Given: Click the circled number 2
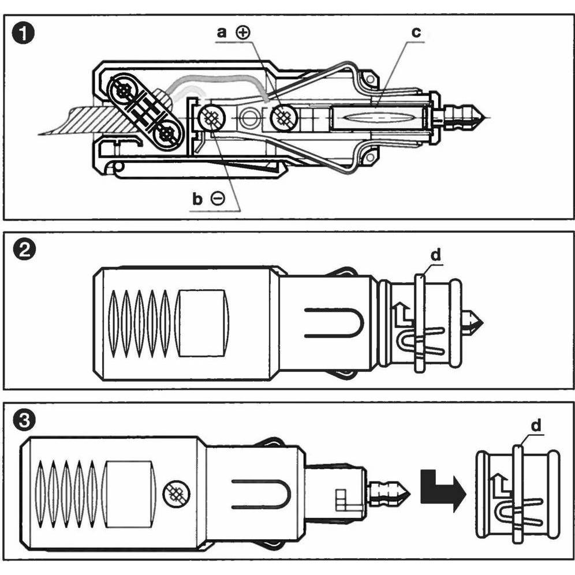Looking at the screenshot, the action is tap(24, 250).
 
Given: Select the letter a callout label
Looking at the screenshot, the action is tap(222, 33).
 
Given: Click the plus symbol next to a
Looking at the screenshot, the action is tap(242, 33).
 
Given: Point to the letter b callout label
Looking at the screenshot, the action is tap(197, 199).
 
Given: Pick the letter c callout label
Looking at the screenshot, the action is tap(416, 33).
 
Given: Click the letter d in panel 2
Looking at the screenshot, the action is tap(436, 255).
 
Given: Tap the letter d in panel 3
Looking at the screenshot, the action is tap(536, 425).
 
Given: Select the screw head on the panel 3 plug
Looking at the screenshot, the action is tap(176, 493).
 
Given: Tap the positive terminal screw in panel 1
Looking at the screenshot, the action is tap(283, 117).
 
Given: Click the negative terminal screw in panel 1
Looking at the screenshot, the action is tap(212, 117).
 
